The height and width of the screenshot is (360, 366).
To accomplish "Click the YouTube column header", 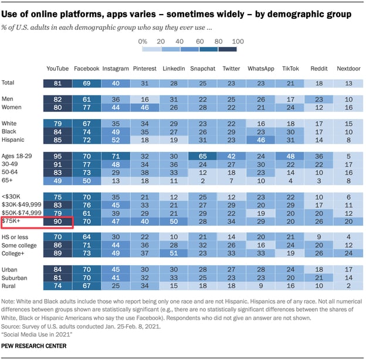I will [57, 69].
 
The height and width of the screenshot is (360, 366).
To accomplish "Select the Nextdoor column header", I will [348, 69].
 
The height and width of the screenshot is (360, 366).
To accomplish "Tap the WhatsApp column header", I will [260, 69].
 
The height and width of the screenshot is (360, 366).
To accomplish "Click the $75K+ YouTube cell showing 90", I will [57, 222].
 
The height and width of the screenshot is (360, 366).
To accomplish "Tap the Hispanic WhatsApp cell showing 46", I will [260, 140].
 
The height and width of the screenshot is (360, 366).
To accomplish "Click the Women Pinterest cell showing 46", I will [144, 107].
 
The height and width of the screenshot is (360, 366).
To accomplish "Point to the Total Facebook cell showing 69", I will [86, 83].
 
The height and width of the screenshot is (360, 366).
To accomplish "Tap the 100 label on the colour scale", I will [238, 41].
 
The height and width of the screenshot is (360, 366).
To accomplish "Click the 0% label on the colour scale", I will [143, 41].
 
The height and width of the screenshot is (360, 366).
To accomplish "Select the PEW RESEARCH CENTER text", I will [33, 346].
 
